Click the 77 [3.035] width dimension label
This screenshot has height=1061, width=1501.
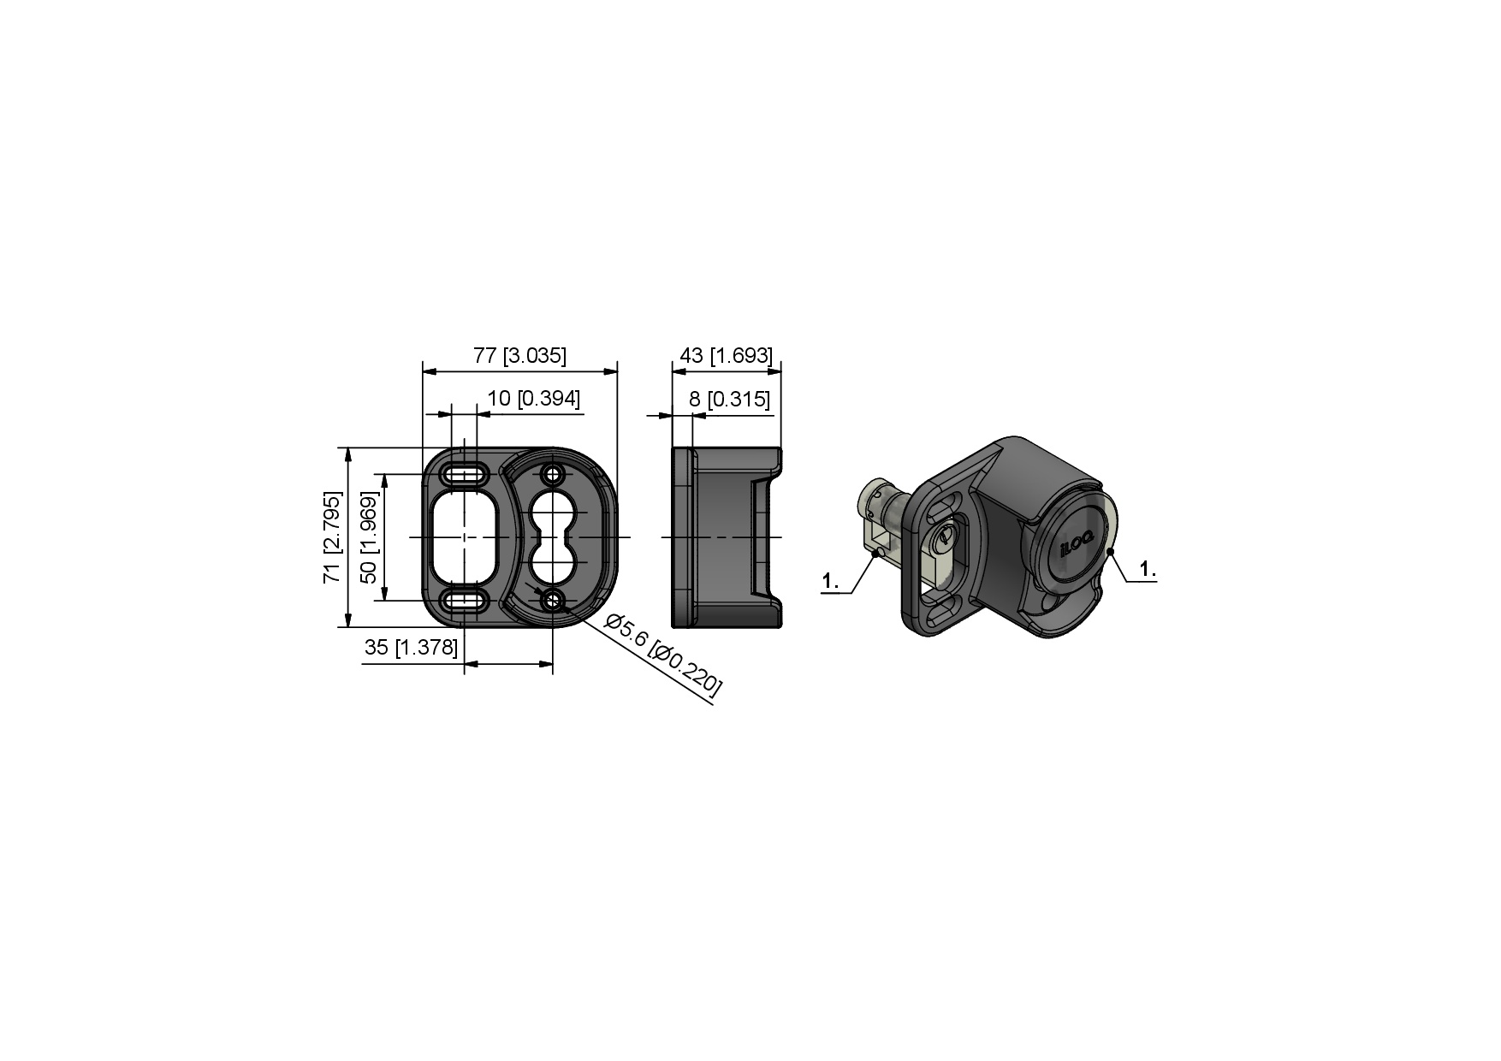click(x=519, y=355)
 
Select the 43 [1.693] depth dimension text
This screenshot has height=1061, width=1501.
click(x=726, y=355)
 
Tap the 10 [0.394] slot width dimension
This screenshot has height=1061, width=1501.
click(x=534, y=399)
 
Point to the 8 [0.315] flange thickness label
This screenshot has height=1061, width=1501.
click(x=729, y=399)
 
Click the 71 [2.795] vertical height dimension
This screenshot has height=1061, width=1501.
click(x=333, y=536)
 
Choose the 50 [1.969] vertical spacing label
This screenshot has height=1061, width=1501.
click(x=369, y=536)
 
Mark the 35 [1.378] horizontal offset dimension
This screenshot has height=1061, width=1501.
click(x=411, y=647)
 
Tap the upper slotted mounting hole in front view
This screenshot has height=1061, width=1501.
click(x=465, y=474)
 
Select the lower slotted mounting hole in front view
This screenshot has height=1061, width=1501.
click(x=465, y=599)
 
